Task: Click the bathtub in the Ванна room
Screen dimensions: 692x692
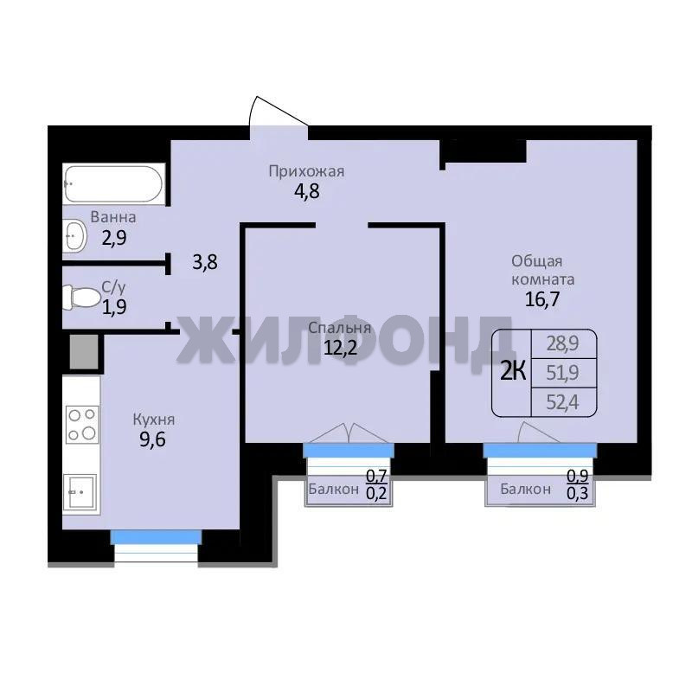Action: pos(113,183)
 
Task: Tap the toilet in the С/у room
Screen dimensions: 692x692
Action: pos(81,297)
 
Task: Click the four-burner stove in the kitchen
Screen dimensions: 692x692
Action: pos(82,425)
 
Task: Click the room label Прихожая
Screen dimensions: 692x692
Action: pos(306,171)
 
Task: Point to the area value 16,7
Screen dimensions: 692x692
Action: pos(542,299)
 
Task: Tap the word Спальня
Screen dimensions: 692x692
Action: pos(339,328)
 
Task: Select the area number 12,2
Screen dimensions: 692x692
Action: pos(340,348)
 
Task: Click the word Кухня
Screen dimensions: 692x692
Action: pos(154,420)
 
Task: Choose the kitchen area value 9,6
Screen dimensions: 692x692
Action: pos(152,440)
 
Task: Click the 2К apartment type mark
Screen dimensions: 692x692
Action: pos(513,373)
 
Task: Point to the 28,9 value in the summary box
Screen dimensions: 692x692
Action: pos(562,343)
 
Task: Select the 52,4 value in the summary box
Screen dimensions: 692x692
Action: pos(562,402)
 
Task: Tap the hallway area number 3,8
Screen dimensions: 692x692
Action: pos(205,263)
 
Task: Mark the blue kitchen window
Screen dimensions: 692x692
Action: pos(156,536)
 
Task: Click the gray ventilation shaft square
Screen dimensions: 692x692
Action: pos(84,351)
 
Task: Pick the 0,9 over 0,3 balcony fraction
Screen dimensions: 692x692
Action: pos(578,484)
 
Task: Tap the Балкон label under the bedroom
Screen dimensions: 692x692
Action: pos(333,489)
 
